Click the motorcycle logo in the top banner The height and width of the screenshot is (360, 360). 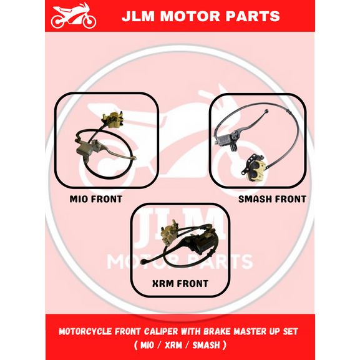coord(74,17)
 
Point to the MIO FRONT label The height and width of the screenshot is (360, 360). coord(96,200)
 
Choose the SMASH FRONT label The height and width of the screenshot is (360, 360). coord(272,200)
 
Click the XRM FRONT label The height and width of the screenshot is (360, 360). coord(180,284)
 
